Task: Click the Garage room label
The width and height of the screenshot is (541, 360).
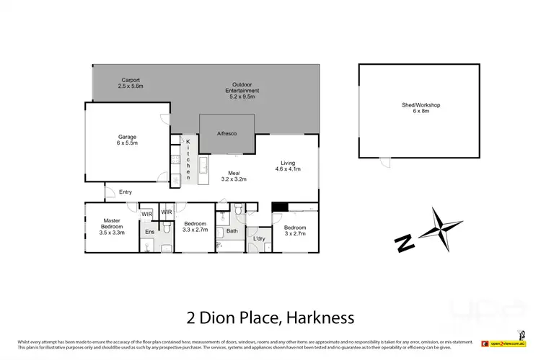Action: point(127,140)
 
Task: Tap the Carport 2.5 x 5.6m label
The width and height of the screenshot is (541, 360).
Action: point(131,83)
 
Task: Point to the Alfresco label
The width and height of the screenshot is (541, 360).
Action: point(226,134)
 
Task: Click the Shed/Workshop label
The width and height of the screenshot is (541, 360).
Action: point(421,109)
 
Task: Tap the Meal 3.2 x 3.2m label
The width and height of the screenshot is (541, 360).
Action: point(234,176)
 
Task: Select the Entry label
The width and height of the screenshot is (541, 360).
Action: point(126,192)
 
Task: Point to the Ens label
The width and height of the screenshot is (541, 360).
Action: point(149,232)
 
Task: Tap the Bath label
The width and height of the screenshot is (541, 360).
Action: point(232,231)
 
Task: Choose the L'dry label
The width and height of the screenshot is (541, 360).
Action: point(258,238)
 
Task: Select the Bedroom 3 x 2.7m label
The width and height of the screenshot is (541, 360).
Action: point(295,231)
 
